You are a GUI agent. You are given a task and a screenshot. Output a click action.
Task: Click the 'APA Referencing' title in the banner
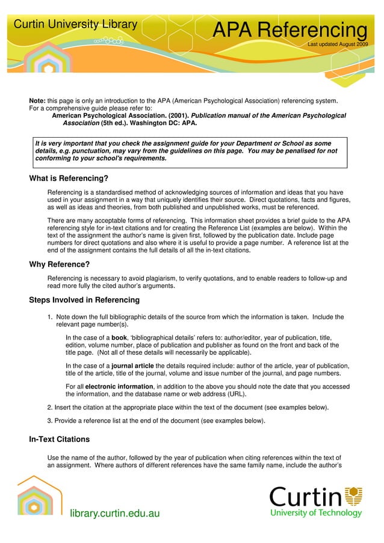coord(290,31)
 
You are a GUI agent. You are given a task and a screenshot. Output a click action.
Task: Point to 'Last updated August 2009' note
coord(338,44)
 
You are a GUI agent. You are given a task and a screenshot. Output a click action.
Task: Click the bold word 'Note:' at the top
coord(38,100)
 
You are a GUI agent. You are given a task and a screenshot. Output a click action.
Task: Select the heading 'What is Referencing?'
coord(69,178)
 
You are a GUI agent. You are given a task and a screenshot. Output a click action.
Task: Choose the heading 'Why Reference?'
coord(60,264)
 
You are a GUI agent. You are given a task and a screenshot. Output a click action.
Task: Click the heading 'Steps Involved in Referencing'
coord(84,299)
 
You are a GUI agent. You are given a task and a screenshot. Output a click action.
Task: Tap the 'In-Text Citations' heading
coord(60,440)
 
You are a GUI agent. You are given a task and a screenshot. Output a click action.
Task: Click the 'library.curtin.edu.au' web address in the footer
coord(115,512)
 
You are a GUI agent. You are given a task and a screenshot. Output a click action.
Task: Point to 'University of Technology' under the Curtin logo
coord(316,513)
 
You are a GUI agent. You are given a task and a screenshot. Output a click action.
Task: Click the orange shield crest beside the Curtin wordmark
coord(355,496)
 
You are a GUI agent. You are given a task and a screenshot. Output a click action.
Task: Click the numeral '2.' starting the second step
coord(50,407)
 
